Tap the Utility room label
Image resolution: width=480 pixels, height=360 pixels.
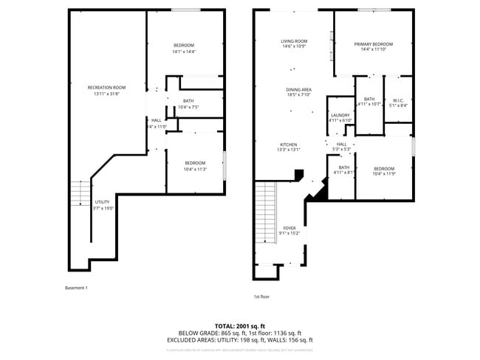(x=102, y=201)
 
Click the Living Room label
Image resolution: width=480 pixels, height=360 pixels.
(x=293, y=41)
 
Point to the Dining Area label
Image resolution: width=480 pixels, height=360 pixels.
(x=298, y=89)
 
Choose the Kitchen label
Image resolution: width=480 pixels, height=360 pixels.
(x=288, y=144)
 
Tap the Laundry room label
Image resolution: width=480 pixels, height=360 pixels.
(x=340, y=115)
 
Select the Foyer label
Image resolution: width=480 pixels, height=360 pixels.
(x=289, y=229)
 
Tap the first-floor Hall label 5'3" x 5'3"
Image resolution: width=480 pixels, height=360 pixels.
(x=341, y=145)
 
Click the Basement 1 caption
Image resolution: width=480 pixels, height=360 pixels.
(x=76, y=288)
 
